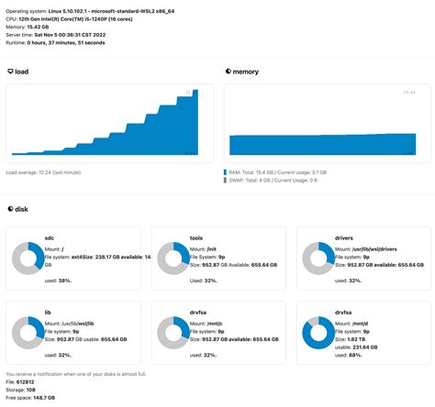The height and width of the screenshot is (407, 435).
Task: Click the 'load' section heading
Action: [x=22, y=71]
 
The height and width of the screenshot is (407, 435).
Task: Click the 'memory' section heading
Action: [x=246, y=71]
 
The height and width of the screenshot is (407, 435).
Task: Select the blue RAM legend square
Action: [x=226, y=171]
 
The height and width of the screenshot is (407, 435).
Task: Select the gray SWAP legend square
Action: [x=226, y=181]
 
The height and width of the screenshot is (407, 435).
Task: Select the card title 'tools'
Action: [x=196, y=236]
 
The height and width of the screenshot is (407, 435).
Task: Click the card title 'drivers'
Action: [x=345, y=236]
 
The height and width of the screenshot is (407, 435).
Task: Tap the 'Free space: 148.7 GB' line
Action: [x=30, y=399]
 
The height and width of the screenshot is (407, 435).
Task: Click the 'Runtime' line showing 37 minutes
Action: [x=55, y=42]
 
